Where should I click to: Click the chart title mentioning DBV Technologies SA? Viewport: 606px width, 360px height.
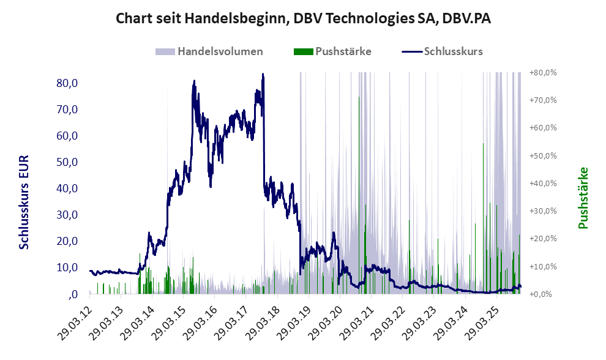click(303, 19)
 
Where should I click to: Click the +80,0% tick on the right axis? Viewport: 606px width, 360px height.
click(542, 72)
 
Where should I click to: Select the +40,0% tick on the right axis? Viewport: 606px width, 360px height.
click(542, 183)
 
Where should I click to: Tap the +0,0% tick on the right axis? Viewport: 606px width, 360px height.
click(542, 294)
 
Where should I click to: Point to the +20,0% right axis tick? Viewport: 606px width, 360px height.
click(542, 239)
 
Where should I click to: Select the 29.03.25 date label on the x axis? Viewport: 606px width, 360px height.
click(482, 319)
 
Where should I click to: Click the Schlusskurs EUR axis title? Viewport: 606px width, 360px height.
click(25, 202)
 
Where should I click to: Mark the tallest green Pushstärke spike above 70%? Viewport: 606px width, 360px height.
click(359, 98)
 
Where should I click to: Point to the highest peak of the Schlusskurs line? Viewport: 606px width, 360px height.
click(263, 75)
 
